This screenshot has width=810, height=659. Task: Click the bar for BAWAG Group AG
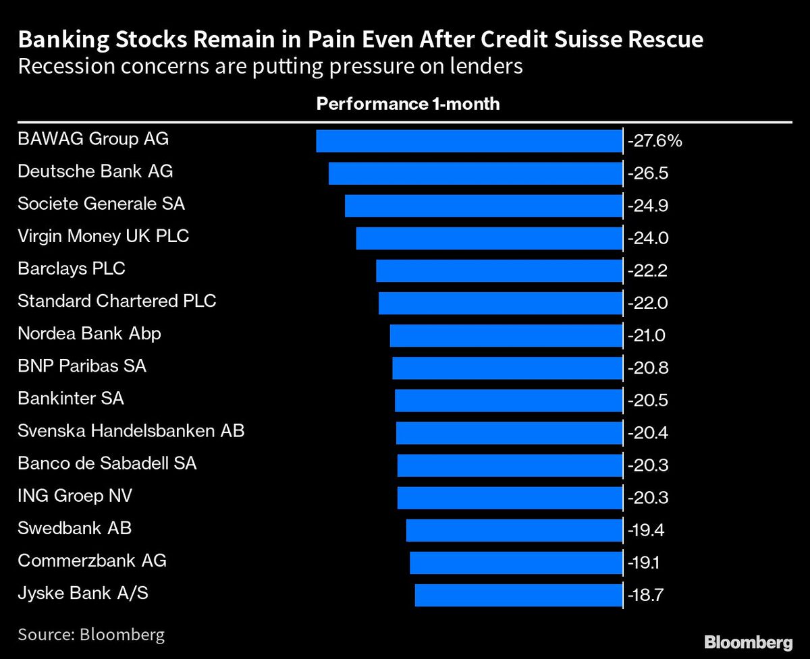coord(468,141)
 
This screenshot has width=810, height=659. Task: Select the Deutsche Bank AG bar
coord(475,173)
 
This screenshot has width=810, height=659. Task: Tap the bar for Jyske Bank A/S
coord(518,596)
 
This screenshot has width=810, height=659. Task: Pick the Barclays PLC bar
coord(498,270)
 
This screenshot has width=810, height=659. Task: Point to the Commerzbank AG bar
coord(515,563)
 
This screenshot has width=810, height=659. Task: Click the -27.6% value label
coord(655,142)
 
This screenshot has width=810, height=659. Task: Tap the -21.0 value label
coord(647,336)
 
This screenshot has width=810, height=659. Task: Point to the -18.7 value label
coord(647,596)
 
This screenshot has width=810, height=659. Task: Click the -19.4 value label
coord(647,531)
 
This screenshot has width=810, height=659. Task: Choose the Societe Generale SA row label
coord(101,204)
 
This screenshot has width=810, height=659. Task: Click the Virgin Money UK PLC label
coord(103,236)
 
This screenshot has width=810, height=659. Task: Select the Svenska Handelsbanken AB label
coord(131,430)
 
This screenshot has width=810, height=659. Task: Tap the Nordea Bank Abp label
coord(89,333)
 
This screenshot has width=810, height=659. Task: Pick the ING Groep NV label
coord(75,496)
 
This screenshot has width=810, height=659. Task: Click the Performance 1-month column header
coord(408,104)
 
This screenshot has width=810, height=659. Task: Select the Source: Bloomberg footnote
coord(91,634)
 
